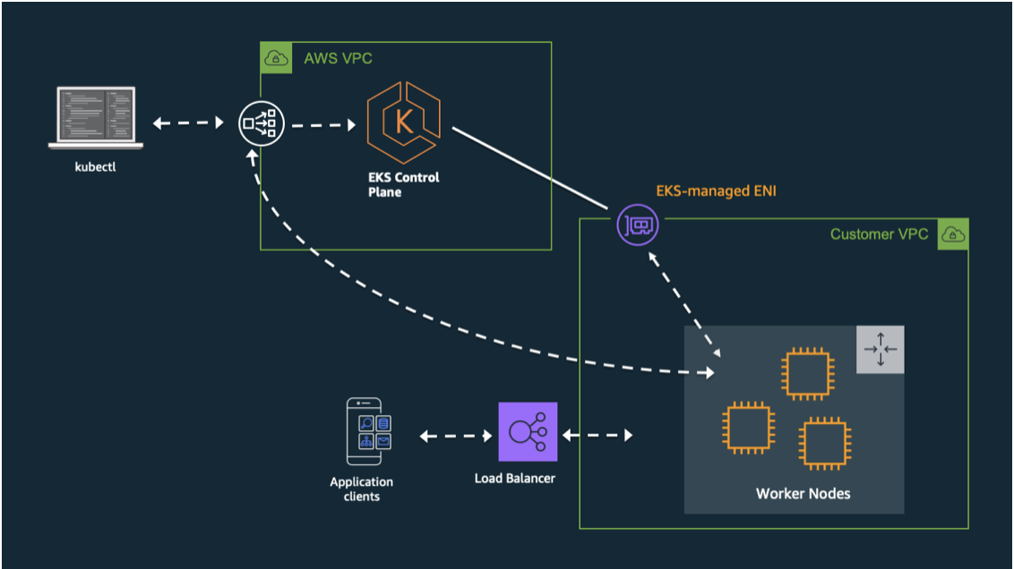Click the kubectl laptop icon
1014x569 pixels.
tap(97, 116)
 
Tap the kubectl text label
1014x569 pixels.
tap(96, 167)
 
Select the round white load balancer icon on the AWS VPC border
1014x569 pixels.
tap(261, 123)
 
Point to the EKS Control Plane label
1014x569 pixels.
tap(403, 184)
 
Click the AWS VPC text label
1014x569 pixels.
tap(338, 59)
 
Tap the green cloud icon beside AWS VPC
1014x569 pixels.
tap(276, 58)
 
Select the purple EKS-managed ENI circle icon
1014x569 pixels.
tap(638, 225)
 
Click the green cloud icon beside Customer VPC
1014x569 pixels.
tap(952, 234)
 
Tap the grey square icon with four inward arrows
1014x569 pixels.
tap(880, 349)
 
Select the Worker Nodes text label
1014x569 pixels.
tap(803, 494)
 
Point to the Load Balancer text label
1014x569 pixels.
tap(515, 478)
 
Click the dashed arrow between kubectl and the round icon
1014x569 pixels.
tap(187, 123)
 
